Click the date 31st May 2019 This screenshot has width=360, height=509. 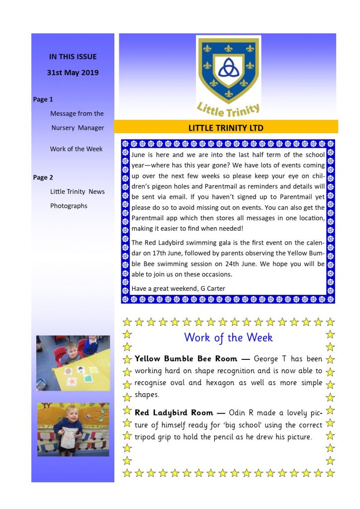click(x=73, y=73)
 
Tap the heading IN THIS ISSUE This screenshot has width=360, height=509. click(x=73, y=57)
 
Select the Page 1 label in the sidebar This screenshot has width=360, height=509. click(x=43, y=99)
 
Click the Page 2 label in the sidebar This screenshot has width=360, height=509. click(x=43, y=177)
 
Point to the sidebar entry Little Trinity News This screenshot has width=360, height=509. click(x=77, y=191)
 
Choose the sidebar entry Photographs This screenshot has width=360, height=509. click(x=69, y=206)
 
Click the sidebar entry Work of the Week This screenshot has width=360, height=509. click(x=76, y=149)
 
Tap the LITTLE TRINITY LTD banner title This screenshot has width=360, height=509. click(x=226, y=128)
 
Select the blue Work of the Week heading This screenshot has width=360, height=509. click(x=228, y=338)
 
